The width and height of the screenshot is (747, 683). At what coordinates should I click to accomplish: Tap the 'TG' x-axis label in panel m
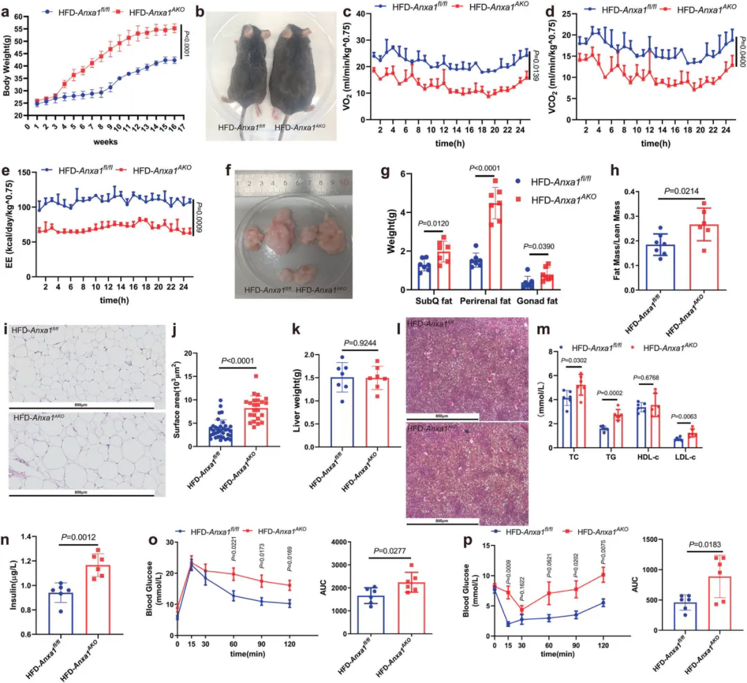[609, 458]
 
